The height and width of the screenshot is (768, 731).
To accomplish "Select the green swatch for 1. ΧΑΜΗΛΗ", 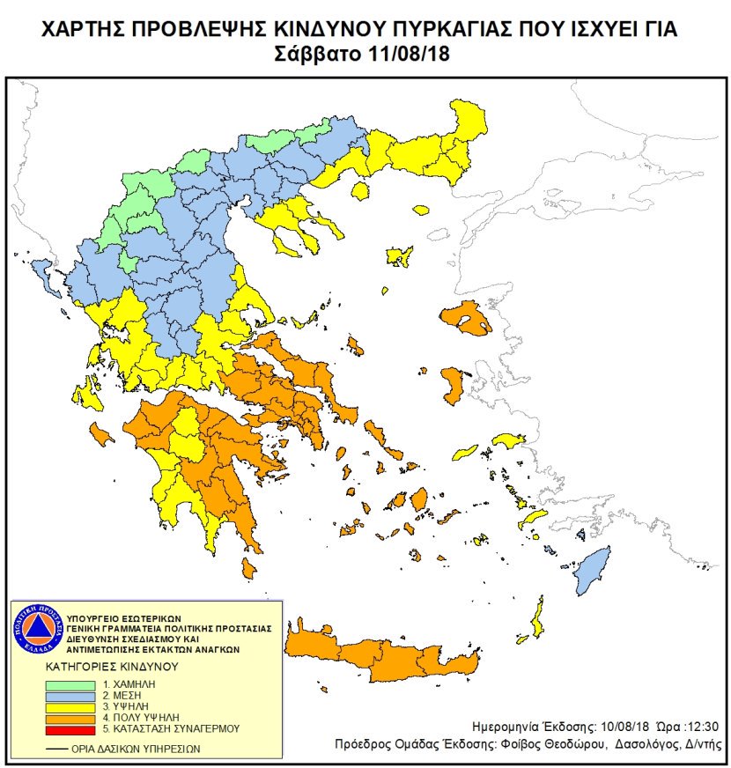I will click(73, 684).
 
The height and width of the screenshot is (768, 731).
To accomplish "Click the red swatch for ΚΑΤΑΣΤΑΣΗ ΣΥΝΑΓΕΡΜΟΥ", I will click(73, 728).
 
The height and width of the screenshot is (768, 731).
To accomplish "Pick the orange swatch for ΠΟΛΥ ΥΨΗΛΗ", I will click(73, 718).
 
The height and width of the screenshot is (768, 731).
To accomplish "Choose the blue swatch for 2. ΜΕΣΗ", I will click(73, 696).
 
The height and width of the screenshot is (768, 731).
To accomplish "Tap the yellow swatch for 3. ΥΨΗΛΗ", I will click(73, 706).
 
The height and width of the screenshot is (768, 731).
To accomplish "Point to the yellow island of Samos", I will click(509, 439).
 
